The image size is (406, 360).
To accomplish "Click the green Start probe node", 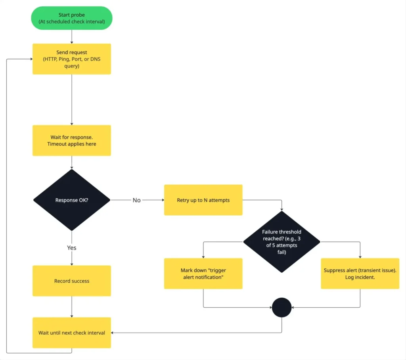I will pos(72,18).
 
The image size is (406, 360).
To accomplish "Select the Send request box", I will pos(72,59).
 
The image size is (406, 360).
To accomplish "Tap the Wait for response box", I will pos(72,140).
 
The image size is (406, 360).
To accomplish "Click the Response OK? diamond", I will pos(72,200).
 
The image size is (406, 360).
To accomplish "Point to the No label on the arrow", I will pos(136,200).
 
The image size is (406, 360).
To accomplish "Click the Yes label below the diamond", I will pos(72,248).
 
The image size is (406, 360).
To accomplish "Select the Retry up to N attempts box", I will pos(203,200).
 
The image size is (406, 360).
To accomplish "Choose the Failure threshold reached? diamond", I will pos(282,241).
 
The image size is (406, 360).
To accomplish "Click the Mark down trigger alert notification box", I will pos(203,274).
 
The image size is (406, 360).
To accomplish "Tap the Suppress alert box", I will pos(360,274).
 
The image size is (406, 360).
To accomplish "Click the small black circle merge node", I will pos(282,307).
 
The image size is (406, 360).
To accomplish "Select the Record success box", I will pos(72,281).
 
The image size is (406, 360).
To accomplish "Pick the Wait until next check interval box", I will pos(72,333).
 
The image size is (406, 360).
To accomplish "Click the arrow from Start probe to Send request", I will pos(72,36).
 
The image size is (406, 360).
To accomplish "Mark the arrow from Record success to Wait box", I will pos(72,306).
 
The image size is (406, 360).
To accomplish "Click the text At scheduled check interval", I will pos(72,22).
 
